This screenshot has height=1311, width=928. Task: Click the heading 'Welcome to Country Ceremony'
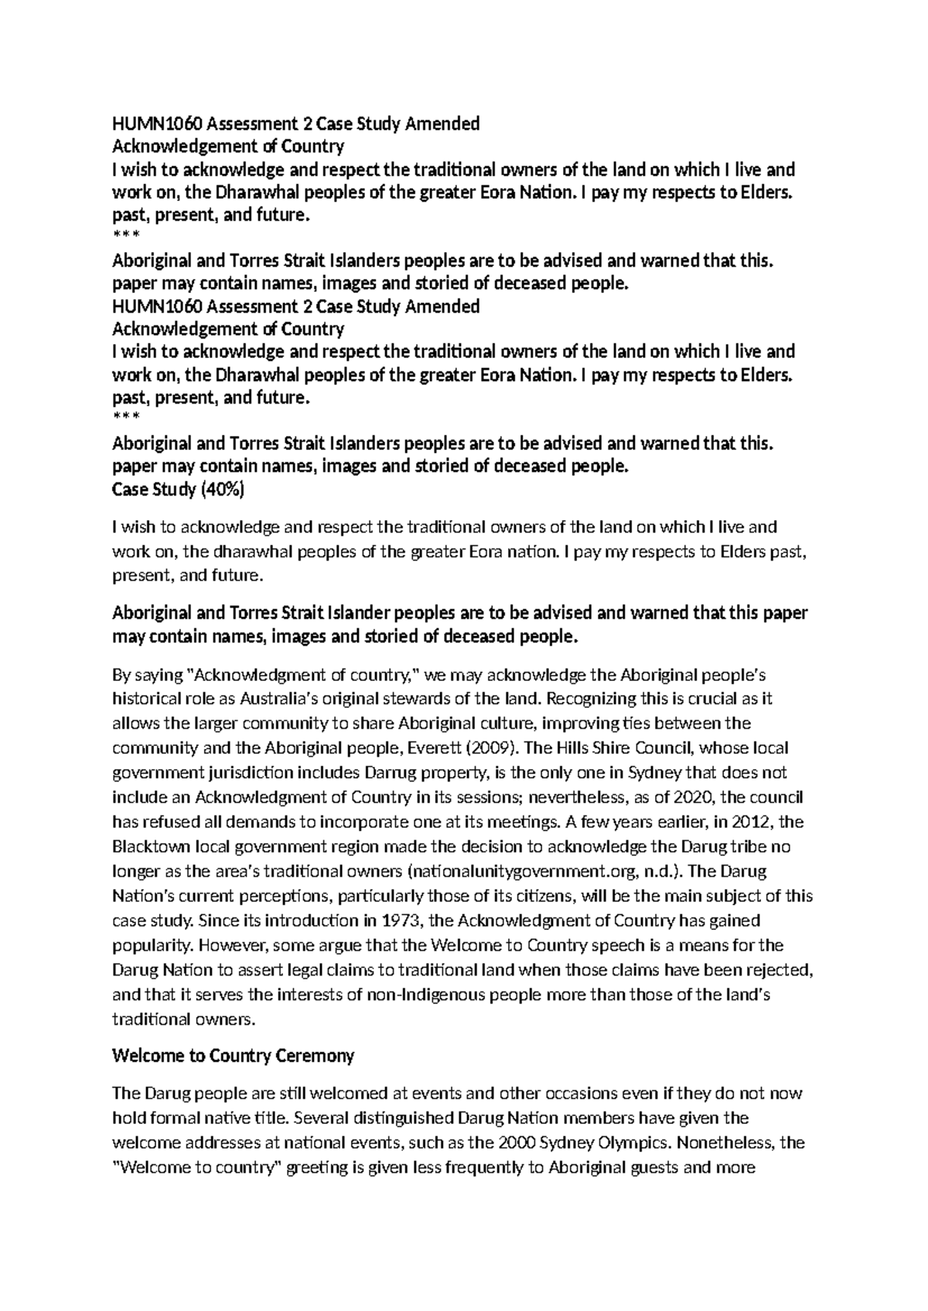coord(233,1055)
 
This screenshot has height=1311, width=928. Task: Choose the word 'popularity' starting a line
coord(149,945)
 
